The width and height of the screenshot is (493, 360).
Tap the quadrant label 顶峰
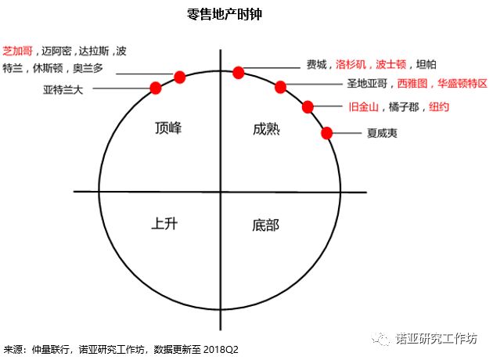pos(169,128)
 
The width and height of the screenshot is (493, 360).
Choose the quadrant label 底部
pos(266,225)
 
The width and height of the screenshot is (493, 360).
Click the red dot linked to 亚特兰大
pos(155,88)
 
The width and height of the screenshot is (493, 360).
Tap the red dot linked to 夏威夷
pos(327,133)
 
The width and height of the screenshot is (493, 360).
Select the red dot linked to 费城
pos(239,73)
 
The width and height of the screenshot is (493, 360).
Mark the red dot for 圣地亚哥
pos(280,87)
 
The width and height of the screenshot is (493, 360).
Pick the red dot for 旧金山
pos(308,106)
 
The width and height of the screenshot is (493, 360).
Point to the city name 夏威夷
pos(382,133)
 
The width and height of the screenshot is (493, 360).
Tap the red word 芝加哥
pos(19,51)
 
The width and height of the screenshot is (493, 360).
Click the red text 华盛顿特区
pos(462,83)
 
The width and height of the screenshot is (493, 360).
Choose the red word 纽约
pos(439,106)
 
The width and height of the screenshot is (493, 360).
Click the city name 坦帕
pos(427,65)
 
